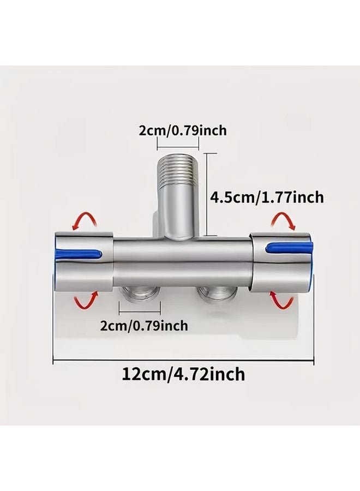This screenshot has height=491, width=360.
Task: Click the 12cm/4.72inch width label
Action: tap(183, 374)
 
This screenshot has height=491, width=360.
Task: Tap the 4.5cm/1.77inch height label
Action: tap(267, 196)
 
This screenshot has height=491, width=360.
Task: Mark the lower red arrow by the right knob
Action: tap(282, 300)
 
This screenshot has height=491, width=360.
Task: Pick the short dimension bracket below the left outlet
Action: tap(139, 313)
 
